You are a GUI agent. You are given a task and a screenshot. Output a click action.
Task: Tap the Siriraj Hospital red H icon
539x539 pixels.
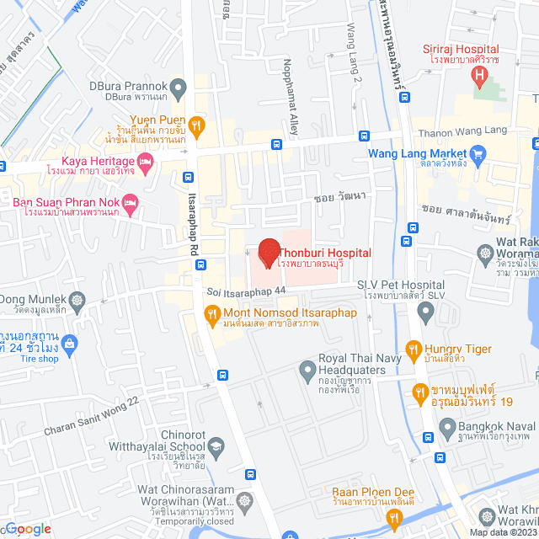pos(479,79)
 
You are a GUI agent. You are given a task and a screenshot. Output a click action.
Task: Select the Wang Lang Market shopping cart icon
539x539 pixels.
pos(479,154)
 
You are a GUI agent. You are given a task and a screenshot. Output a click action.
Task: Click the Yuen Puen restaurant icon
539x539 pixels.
pos(196,126)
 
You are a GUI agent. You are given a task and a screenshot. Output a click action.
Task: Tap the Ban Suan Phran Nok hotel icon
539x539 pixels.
pos(130,202)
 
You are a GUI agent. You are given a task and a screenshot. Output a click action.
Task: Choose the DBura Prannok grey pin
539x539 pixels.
pos(178,87)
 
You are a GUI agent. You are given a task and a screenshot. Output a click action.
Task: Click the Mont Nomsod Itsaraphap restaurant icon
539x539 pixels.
pos(212,317)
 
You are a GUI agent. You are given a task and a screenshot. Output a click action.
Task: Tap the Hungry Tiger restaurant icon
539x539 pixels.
pos(413,348)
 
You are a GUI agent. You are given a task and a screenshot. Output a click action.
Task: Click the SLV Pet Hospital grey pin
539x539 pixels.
pos(425,314)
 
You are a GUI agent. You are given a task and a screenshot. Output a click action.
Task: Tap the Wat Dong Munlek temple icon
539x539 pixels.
pos(77,299)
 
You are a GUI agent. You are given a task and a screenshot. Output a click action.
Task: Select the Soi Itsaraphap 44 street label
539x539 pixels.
pos(247,291)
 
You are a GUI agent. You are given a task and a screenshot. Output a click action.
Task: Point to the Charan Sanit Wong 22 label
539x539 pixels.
pos(91,417)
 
